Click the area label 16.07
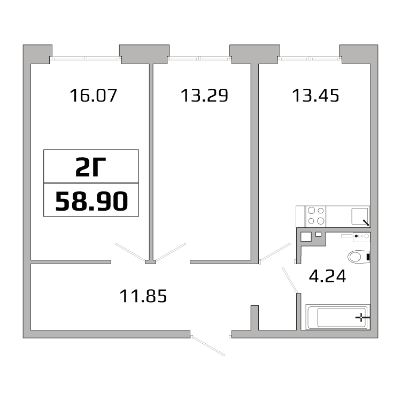[93, 96]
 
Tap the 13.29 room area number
[204, 96]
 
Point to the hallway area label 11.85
[143, 295]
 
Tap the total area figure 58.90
[91, 202]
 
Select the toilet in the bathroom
[358, 257]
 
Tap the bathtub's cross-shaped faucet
[363, 318]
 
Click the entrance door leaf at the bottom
[209, 345]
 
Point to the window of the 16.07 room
[86, 58]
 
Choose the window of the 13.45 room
[310, 58]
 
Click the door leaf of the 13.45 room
[275, 252]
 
